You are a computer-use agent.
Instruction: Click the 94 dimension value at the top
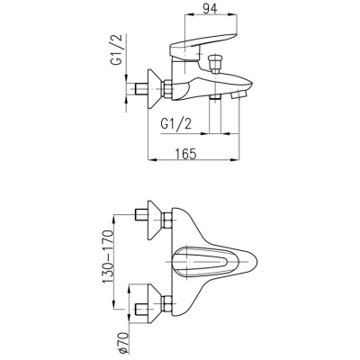(210, 9)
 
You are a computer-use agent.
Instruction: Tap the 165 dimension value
(186, 154)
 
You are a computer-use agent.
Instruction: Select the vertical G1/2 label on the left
(117, 49)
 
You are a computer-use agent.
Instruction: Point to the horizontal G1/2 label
(176, 123)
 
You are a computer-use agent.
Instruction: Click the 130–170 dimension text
(108, 256)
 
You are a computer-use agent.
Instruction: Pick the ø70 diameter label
(123, 342)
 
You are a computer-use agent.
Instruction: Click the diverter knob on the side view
(215, 64)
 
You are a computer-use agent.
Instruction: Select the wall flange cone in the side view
(155, 90)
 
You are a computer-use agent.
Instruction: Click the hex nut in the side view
(167, 89)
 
